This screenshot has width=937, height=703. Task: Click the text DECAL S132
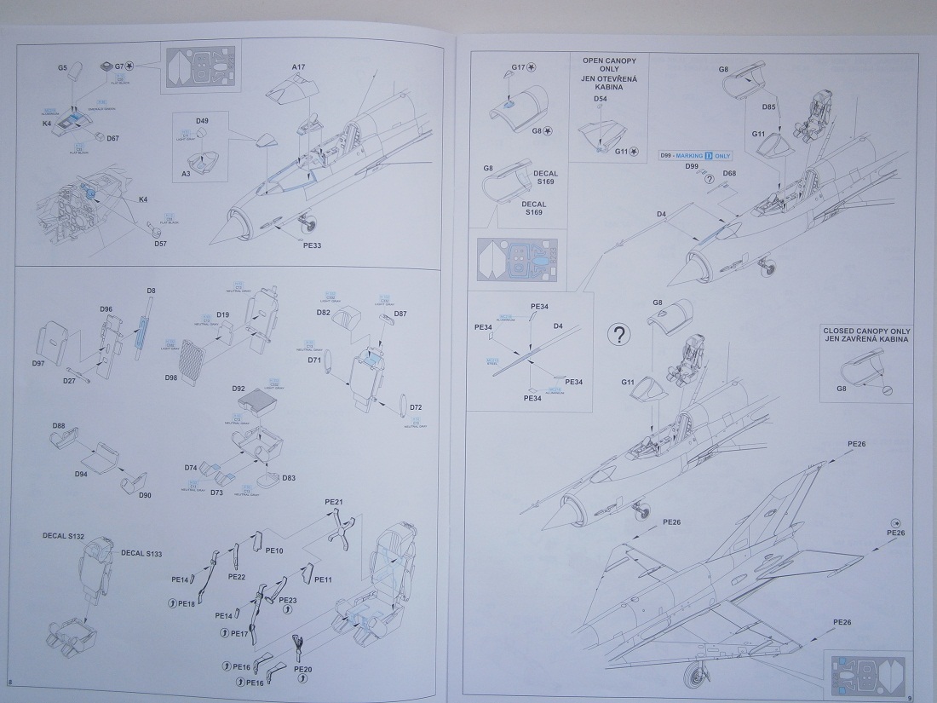coord(65,536)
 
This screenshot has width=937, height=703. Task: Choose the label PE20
coord(302,670)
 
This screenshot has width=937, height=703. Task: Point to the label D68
coord(729,174)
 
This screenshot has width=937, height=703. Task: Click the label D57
coord(160,244)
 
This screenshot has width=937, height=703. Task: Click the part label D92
coord(239,389)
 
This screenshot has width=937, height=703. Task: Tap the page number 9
coord(910,698)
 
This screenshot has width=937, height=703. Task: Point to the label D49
coord(202,121)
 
